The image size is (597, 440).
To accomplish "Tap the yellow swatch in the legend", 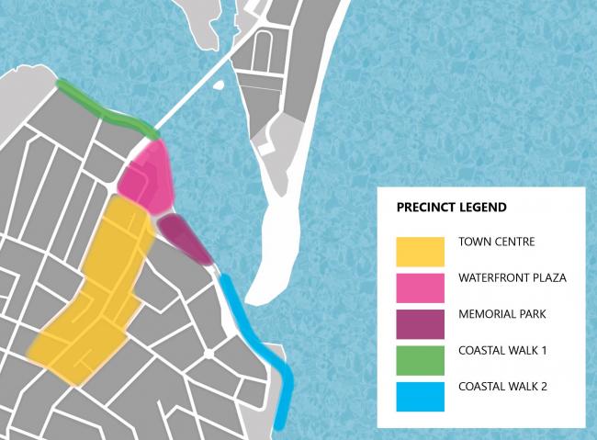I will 422,249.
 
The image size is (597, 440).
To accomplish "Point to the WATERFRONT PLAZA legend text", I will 513,277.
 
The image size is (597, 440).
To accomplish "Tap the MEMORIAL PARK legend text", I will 501,314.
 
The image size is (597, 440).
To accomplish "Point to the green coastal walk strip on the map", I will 106,109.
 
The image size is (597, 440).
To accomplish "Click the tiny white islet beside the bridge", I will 218,87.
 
